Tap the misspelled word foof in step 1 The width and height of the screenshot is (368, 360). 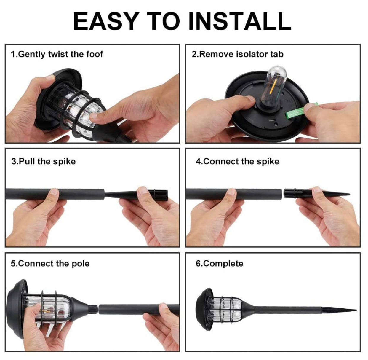tap(95, 54)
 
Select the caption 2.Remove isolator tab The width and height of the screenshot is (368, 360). tap(237, 54)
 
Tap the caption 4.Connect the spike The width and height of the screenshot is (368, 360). tap(237, 161)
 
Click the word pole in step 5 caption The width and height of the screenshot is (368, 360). tap(80, 263)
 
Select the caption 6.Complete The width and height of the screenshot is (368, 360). tap(219, 263)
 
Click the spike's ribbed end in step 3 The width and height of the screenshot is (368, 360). tap(160, 193)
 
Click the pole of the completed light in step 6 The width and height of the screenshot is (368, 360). tap(287, 310)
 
